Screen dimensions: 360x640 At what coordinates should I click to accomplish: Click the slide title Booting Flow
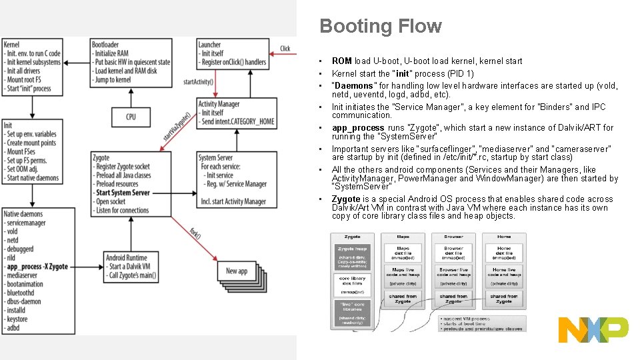coord(381,26)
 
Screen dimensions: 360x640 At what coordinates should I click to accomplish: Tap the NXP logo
coord(593,330)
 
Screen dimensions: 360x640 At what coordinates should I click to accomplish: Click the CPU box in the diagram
coord(131,117)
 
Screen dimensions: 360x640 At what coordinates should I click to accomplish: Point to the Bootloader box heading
coord(105,45)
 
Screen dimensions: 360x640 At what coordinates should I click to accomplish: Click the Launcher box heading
coord(209,45)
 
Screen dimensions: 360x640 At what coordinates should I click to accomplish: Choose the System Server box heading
coord(216,158)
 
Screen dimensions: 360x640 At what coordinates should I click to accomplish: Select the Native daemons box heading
coord(23,214)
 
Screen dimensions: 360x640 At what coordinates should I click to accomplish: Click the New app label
coord(237,271)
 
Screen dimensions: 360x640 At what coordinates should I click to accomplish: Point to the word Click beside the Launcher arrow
coord(285,48)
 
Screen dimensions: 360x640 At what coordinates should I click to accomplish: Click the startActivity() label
coord(198,82)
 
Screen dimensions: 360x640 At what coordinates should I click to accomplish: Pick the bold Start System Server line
coord(123,193)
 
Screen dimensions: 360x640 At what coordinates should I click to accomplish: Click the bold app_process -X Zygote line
coord(37,266)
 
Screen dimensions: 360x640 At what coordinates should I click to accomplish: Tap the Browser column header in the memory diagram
coord(453,237)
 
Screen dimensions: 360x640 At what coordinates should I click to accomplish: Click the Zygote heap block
coord(352,248)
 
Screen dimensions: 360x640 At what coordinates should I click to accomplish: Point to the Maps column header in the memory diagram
coord(403,237)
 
